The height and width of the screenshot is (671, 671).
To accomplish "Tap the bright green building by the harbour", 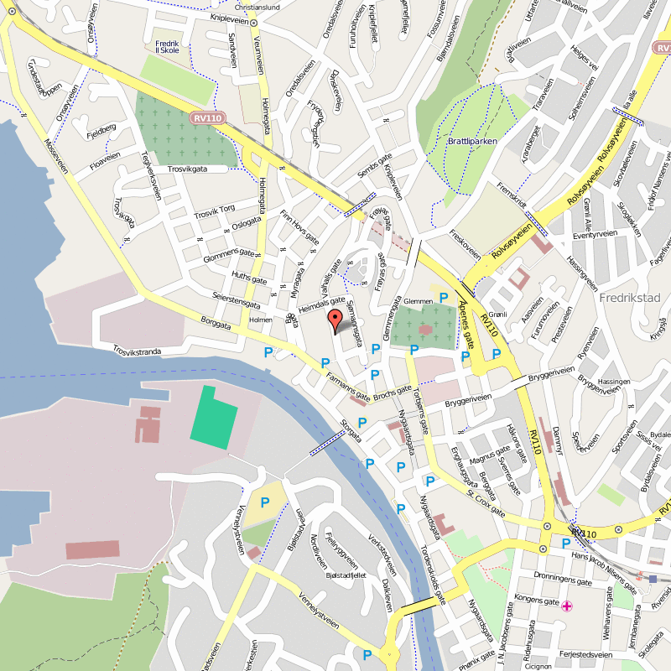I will point(214,415).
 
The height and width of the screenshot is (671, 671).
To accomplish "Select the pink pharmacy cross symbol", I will point(568,606).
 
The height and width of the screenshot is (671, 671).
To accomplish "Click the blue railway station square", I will point(653,578).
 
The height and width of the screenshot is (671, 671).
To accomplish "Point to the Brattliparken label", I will point(473,142).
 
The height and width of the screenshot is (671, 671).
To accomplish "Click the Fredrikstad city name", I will point(631,298).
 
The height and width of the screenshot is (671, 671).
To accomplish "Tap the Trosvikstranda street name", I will point(136,350).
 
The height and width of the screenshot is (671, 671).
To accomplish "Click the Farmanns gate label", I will point(347,386).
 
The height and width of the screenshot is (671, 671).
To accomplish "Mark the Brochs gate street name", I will point(393,391).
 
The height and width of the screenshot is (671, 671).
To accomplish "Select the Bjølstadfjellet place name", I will point(348,576).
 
